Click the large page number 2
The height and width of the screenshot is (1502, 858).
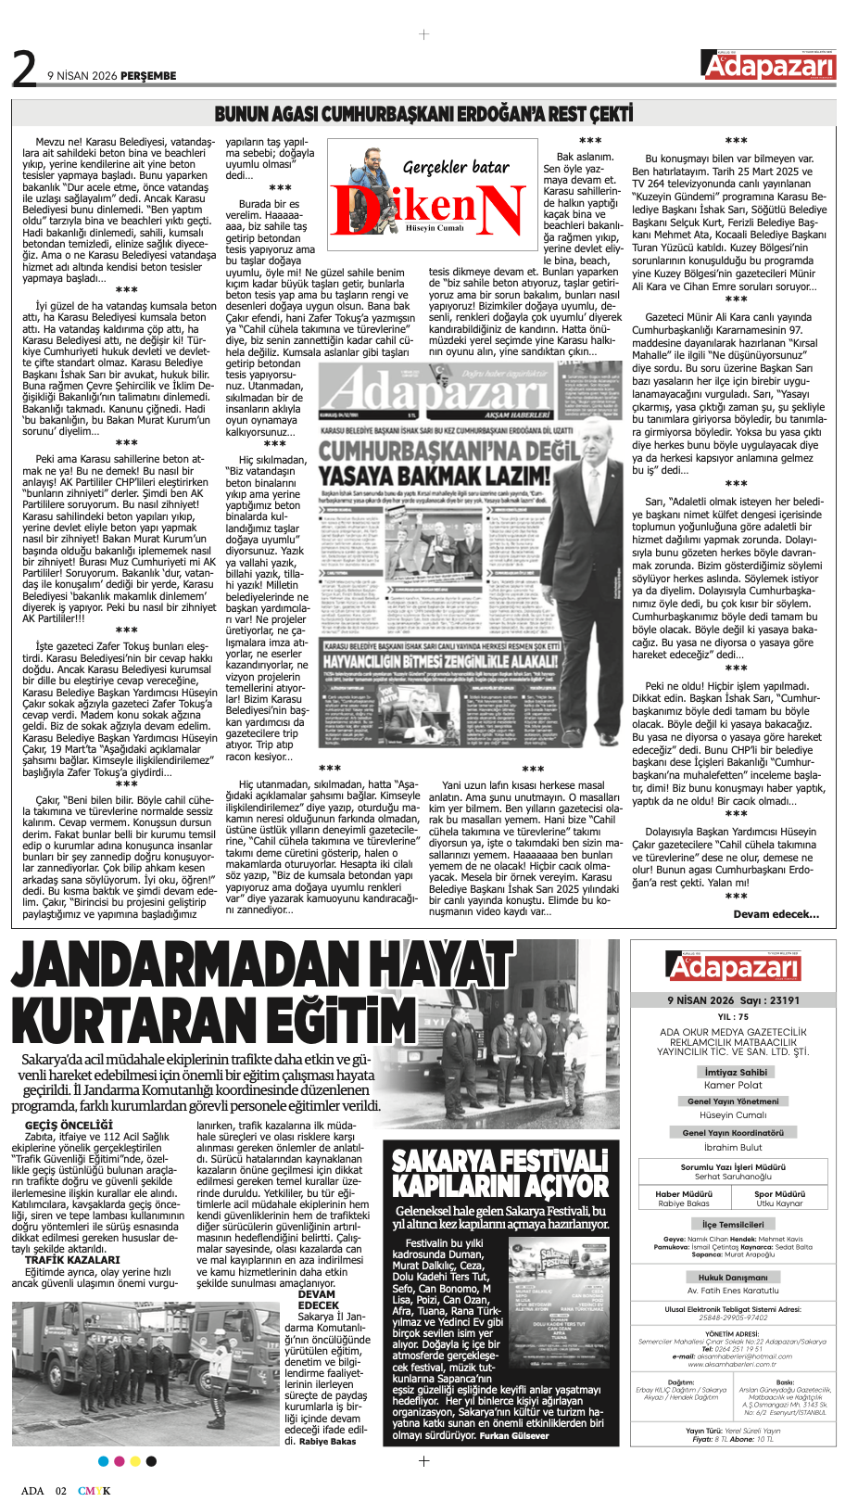tap(24, 69)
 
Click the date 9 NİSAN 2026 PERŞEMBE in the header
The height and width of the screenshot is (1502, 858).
tap(111, 76)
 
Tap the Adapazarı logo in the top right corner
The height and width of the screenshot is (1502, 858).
tap(769, 66)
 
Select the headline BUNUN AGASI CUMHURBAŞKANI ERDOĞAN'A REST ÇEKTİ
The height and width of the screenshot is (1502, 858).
tap(423, 114)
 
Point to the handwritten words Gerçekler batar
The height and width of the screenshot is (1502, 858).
tap(456, 167)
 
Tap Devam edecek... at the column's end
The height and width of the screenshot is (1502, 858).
tap(776, 914)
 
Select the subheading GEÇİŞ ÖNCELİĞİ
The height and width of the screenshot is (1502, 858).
tap(69, 1126)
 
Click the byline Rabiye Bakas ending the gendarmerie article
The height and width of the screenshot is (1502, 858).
tap(327, 1442)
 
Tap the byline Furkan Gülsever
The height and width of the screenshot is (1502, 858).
tap(514, 1436)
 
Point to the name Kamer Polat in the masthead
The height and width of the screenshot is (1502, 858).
tap(733, 1085)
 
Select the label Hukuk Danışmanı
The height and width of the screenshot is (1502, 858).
tap(733, 1277)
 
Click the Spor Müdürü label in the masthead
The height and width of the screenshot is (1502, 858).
tap(778, 1194)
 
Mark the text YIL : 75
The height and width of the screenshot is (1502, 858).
tap(733, 1017)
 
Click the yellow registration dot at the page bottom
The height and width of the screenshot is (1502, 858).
tap(135, 1461)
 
